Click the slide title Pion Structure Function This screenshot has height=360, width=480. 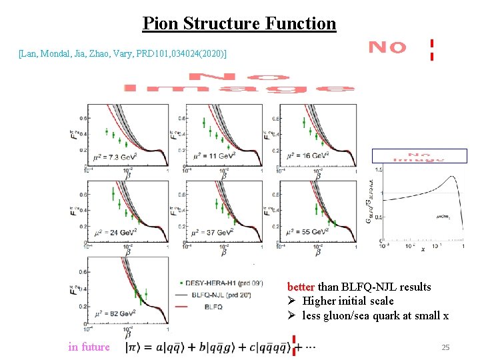tap(239, 24)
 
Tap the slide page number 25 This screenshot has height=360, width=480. tap(445, 347)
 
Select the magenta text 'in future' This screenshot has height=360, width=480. tap(89, 347)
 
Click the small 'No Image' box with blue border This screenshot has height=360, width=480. tap(419, 156)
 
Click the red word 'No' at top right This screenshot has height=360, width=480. tap(387, 48)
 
